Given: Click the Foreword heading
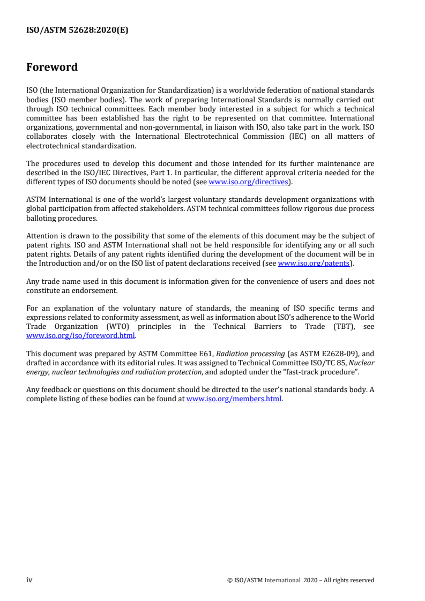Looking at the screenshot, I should coord(52,67).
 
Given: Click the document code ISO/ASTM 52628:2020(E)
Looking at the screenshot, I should coord(77,31).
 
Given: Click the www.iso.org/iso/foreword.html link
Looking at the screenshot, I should coord(80,336).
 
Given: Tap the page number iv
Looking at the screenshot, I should coord(29,580).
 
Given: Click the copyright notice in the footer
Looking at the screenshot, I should coord(300,580).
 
